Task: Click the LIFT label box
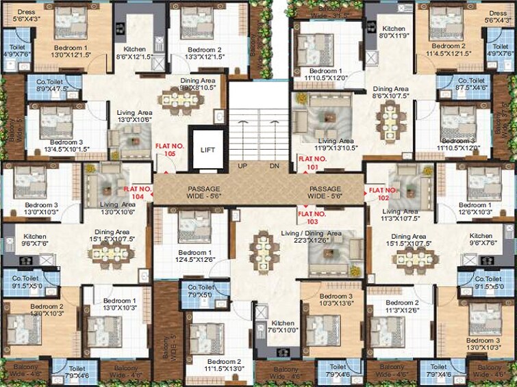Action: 207,149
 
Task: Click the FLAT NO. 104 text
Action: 136,193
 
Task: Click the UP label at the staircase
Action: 242,166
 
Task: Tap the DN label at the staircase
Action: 274,166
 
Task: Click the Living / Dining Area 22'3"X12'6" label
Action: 311,237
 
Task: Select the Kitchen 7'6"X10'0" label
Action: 282,328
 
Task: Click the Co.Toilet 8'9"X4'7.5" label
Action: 51,85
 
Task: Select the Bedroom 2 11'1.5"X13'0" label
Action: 224,365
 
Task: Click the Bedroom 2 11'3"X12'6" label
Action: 401,306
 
